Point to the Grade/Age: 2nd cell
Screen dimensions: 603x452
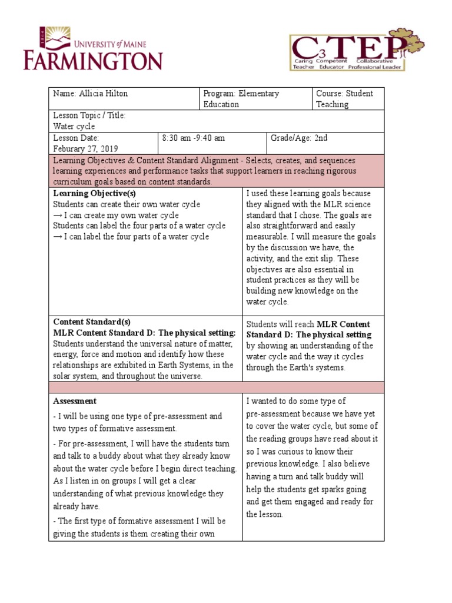(x=299, y=138)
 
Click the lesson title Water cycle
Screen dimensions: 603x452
(x=74, y=127)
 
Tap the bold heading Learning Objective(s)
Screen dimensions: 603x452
(x=95, y=194)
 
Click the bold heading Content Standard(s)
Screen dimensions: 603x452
(x=92, y=322)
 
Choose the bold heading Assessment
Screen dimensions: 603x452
(x=75, y=401)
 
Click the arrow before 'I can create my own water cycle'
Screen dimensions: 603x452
(x=58, y=216)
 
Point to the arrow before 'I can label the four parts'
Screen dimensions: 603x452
(x=58, y=237)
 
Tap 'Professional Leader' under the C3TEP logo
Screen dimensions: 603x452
(x=375, y=67)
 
